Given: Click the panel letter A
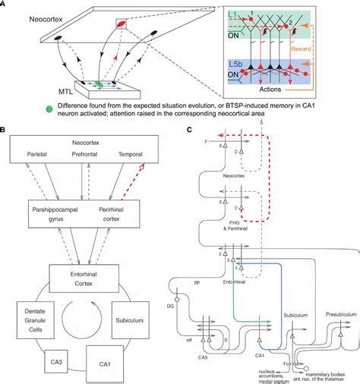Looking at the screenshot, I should pyautogui.click(x=4, y=5).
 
